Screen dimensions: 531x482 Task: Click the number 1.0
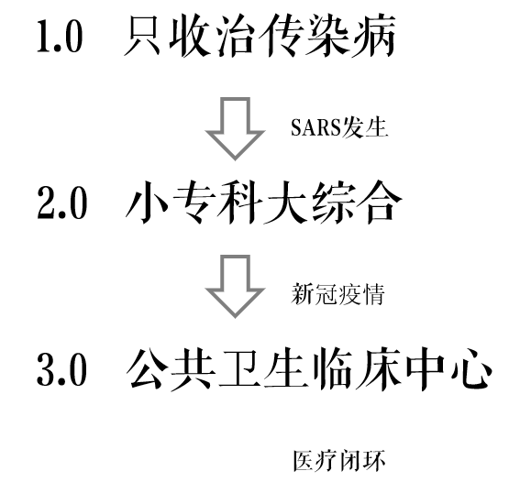(x=60, y=37)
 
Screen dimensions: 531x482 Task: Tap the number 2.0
(x=62, y=203)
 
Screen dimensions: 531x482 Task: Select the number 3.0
(x=61, y=369)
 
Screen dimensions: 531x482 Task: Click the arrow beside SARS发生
(x=235, y=128)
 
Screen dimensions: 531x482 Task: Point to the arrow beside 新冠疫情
(x=235, y=286)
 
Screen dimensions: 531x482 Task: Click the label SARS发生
(x=339, y=127)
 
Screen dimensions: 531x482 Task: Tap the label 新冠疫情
(x=338, y=294)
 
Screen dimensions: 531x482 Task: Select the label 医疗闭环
(x=339, y=461)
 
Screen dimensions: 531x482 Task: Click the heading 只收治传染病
(x=260, y=35)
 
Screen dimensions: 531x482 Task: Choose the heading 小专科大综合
(x=264, y=203)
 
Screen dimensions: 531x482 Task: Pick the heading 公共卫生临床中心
(x=309, y=368)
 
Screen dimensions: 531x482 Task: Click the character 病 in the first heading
(x=374, y=35)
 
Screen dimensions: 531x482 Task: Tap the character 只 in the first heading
(x=142, y=36)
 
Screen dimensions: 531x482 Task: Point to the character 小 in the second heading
(x=147, y=203)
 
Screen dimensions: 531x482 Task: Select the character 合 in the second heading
(x=381, y=203)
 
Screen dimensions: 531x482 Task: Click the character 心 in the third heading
(x=471, y=369)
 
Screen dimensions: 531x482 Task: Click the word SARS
(x=315, y=128)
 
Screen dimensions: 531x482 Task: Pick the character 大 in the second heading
(x=287, y=203)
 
